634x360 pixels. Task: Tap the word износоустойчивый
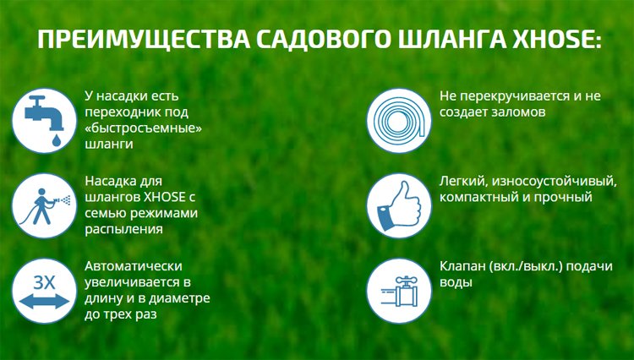[541, 181]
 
